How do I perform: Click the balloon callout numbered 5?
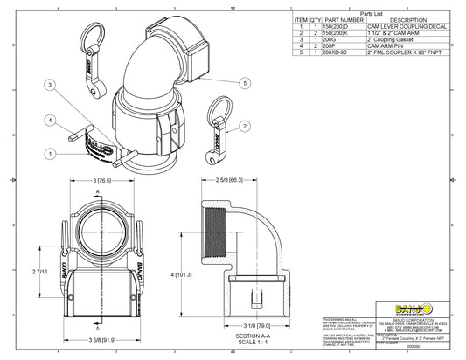tap(245, 83)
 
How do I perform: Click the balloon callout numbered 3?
tap(51, 85)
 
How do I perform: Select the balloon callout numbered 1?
tap(52, 153)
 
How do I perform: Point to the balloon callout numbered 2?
tap(245, 128)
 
